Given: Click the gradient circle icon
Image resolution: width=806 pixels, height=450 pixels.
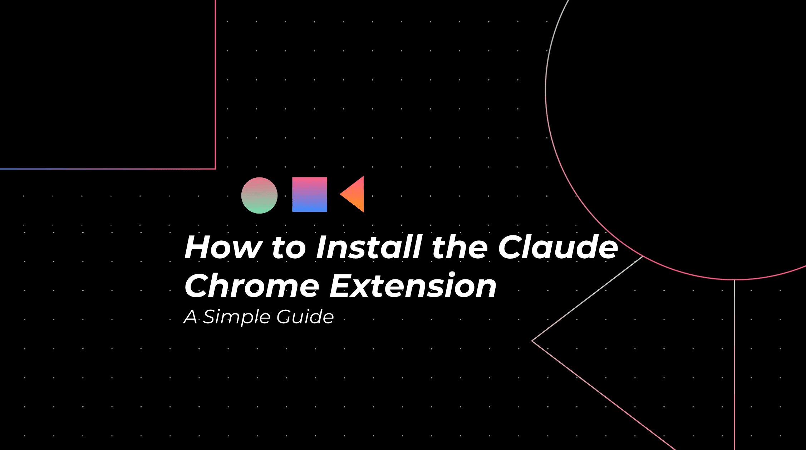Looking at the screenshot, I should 259,195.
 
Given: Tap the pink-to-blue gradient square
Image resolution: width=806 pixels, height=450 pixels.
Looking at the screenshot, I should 309,195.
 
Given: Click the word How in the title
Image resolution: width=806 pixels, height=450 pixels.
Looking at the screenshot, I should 223,247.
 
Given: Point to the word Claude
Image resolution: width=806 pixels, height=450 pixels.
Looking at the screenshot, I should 558,247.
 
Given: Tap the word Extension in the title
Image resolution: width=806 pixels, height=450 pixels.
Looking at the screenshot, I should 413,286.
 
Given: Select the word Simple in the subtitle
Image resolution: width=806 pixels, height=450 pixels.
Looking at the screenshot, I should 236,317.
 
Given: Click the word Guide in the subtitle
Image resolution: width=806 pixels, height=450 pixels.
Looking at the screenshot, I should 305,317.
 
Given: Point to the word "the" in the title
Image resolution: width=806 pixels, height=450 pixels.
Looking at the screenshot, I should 459,247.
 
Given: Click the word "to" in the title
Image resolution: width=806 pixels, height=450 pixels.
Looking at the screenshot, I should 289,248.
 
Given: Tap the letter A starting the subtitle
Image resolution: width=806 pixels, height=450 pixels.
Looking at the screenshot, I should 191,317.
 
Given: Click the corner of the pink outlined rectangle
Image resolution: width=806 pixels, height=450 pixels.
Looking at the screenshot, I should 215,168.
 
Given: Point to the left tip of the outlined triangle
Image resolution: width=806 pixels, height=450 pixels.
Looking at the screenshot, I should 532,341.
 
